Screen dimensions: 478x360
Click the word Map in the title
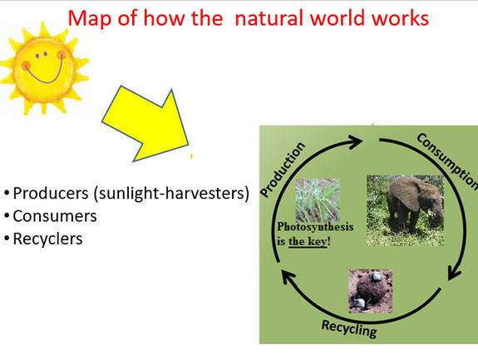90,18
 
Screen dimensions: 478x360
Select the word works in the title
400,17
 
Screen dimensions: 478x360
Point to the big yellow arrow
146,123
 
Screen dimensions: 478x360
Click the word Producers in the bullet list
51,193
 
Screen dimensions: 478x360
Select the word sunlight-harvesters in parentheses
171,193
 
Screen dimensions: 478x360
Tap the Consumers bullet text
55,216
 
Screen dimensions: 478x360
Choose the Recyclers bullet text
47,239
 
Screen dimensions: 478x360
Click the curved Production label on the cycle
283,170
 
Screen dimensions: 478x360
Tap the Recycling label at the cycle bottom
349,329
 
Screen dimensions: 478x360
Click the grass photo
318,200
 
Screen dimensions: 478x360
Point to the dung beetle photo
371,291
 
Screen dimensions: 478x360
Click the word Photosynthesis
315,227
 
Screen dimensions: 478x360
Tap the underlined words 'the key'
308,241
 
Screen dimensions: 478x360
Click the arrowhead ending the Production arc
355,141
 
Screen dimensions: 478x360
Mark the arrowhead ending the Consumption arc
454,272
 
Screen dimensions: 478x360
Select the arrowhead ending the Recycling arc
288,277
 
